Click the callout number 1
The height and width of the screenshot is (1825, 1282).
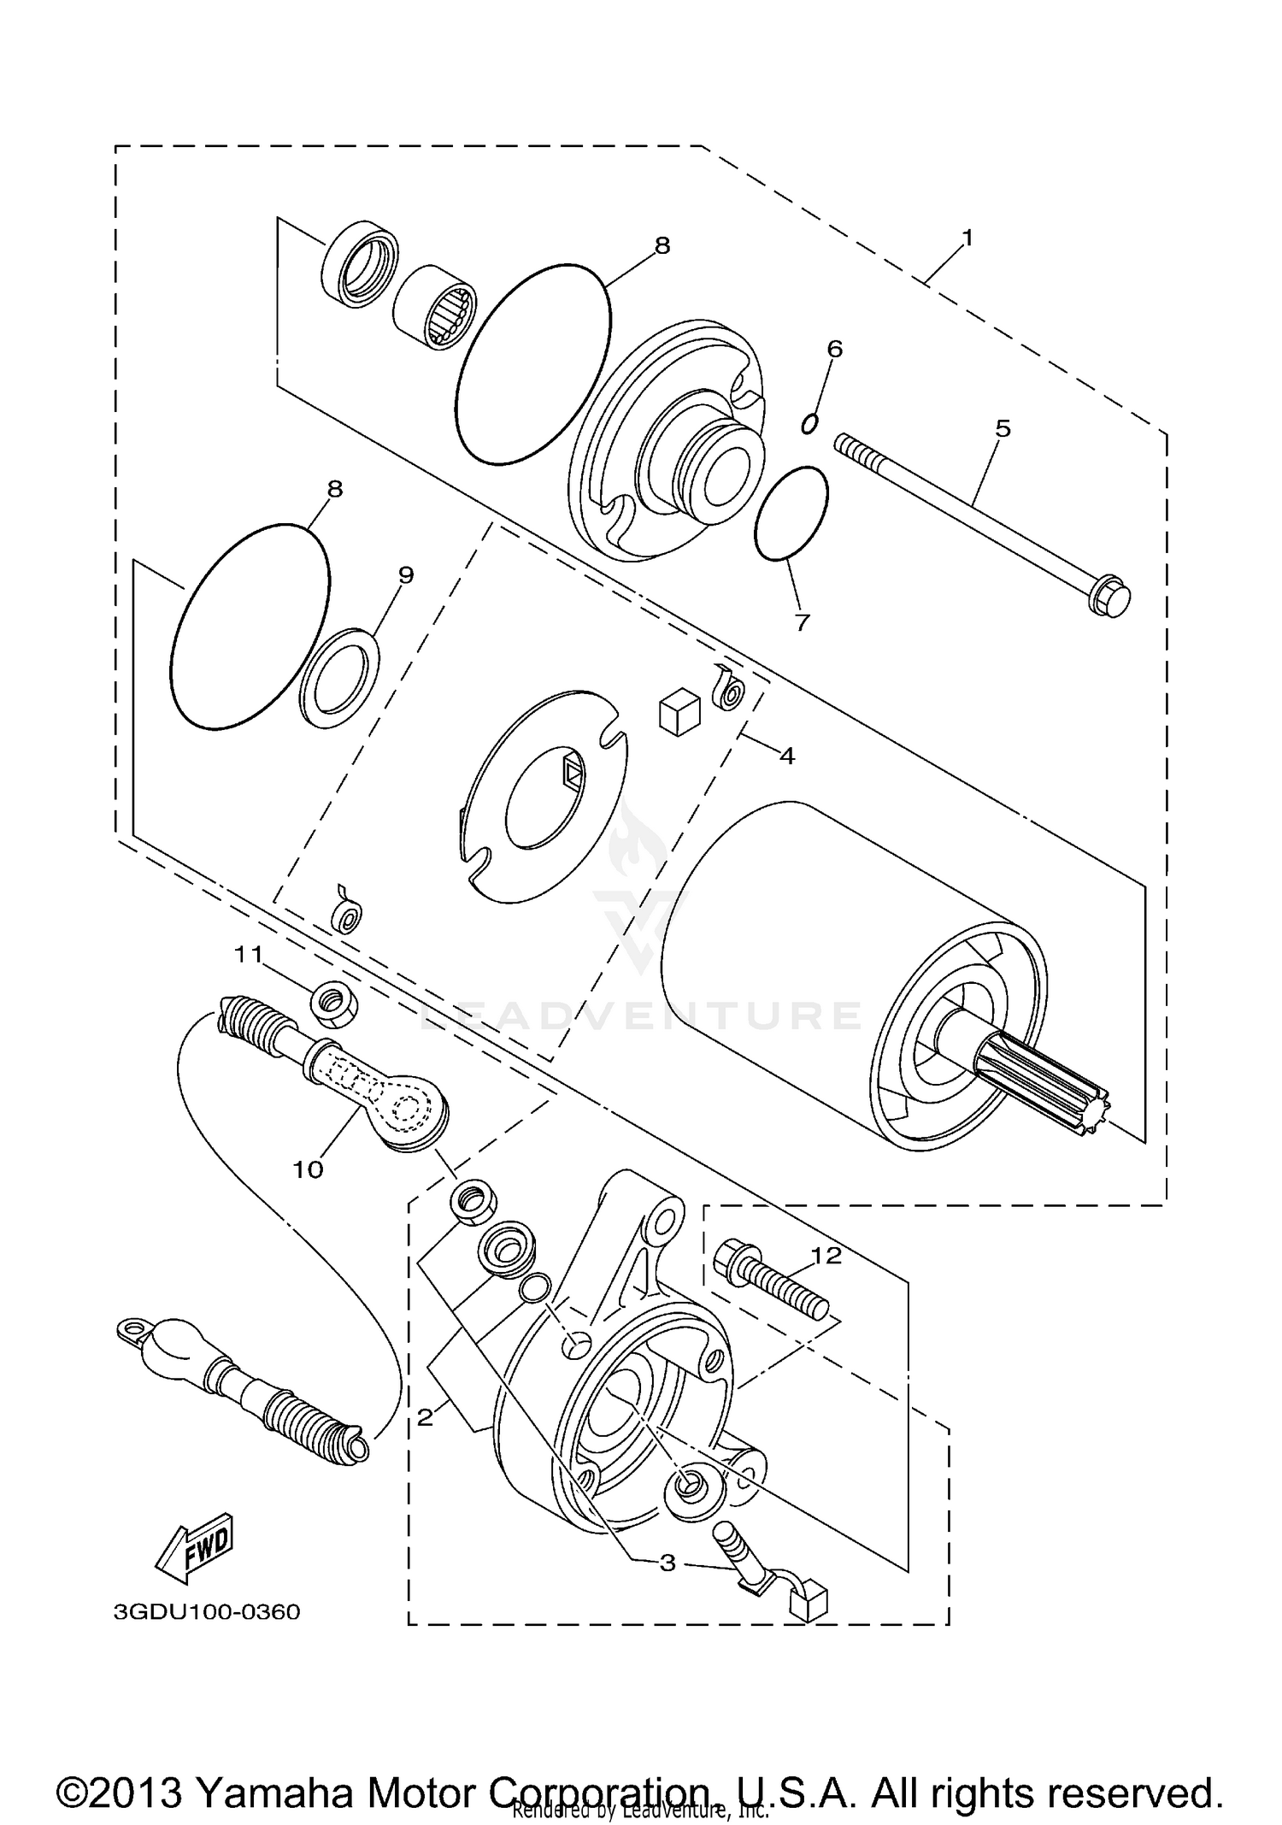click(x=967, y=238)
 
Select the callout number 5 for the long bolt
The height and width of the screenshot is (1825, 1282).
click(x=1003, y=428)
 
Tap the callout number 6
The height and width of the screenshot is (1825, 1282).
click(x=834, y=348)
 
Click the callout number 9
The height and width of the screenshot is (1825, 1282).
click(x=405, y=575)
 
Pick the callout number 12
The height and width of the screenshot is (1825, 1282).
click(x=826, y=1255)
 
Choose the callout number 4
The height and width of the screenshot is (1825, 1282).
click(x=786, y=756)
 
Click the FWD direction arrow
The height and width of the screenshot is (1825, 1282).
click(x=194, y=1549)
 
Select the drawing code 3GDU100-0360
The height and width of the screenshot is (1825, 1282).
click(x=207, y=1612)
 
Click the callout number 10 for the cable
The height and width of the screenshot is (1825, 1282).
click(x=308, y=1169)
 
